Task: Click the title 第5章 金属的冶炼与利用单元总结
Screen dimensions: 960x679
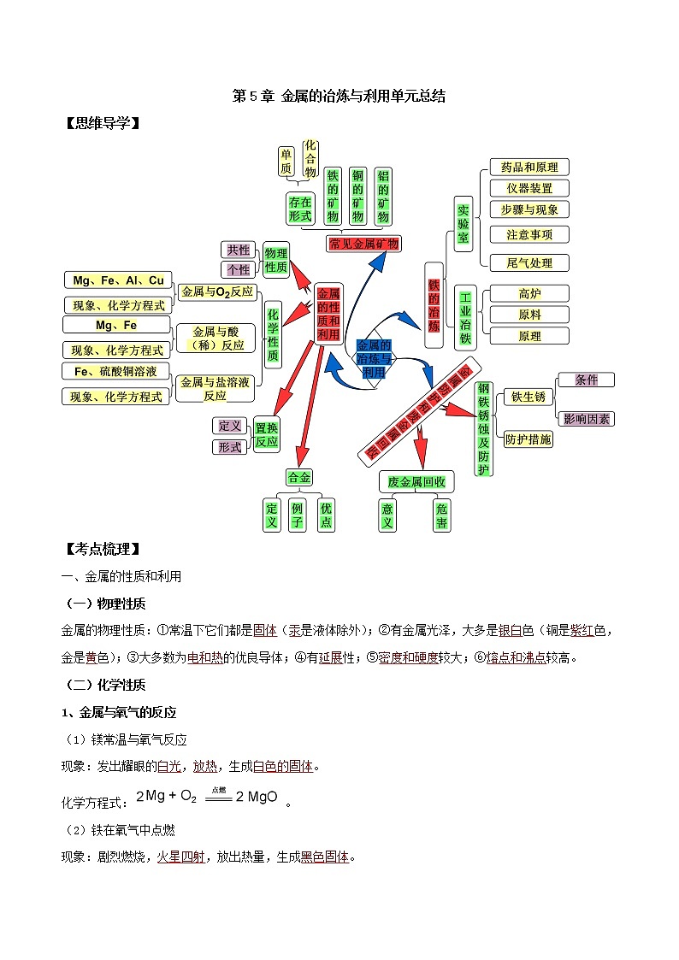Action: pos(339,97)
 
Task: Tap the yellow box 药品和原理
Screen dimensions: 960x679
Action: pos(529,167)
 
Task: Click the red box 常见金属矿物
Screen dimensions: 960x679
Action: pos(363,244)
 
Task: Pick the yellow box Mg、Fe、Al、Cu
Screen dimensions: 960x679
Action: pos(118,280)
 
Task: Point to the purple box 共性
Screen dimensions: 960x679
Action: pos(238,250)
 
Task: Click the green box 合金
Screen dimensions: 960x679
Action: pos(300,477)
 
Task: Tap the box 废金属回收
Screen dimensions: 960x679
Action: pos(416,482)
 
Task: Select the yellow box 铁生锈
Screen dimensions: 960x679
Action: pos(528,397)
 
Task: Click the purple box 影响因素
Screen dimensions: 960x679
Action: pos(586,419)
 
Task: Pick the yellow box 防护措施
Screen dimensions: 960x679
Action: pos(528,439)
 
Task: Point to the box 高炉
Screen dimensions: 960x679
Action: pos(529,294)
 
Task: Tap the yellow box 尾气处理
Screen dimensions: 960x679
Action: pos(529,262)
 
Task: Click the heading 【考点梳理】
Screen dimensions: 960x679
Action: pos(102,548)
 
